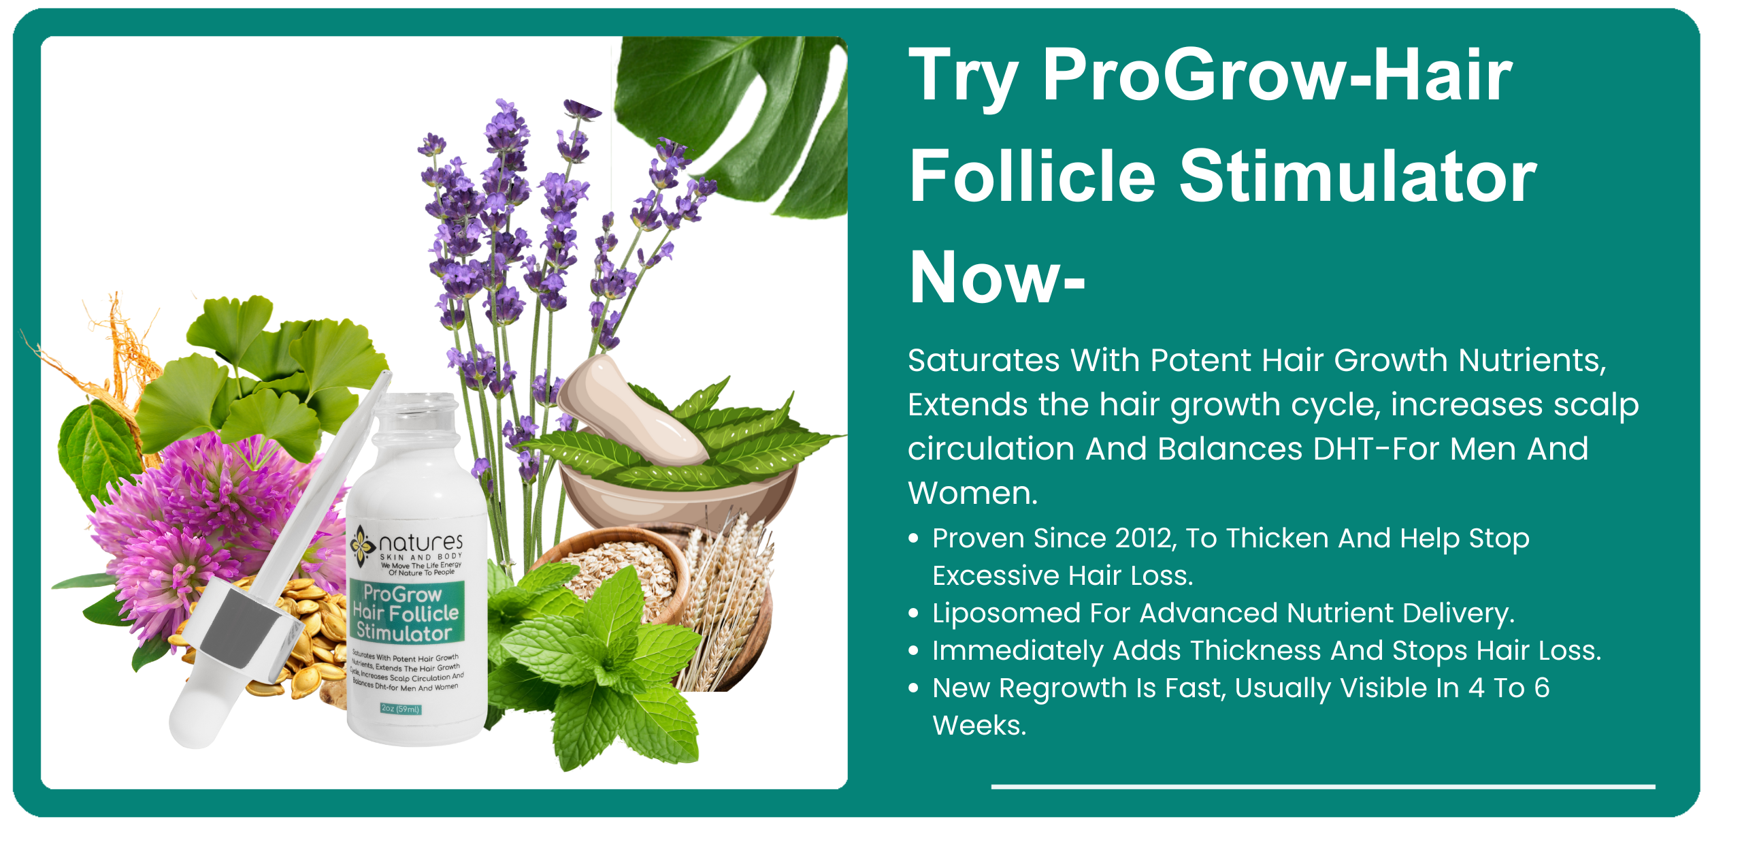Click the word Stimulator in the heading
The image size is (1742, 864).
(x=1358, y=177)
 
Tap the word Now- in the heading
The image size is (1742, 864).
(x=997, y=278)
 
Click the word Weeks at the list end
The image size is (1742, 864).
(x=979, y=726)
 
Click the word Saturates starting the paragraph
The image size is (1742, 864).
(x=983, y=360)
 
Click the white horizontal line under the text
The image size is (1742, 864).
(x=1322, y=786)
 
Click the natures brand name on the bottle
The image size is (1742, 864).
(x=421, y=543)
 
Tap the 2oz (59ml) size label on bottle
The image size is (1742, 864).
(x=401, y=709)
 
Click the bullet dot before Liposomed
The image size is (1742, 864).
(x=914, y=613)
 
